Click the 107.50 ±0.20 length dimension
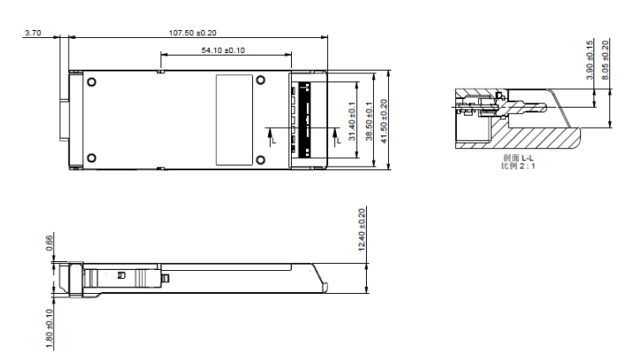[x=192, y=33]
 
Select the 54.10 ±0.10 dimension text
[x=223, y=50]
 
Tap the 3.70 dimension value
[x=33, y=33]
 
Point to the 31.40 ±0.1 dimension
[x=352, y=121]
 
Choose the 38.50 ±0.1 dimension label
[x=369, y=121]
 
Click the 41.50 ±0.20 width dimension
[x=384, y=121]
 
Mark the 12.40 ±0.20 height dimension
[x=362, y=229]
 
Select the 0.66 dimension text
[x=49, y=243]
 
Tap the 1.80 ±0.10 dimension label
[x=49, y=328]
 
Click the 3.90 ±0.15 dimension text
[x=590, y=59]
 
